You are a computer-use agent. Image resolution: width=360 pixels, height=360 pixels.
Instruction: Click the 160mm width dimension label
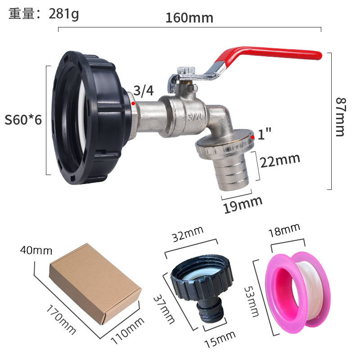[x=189, y=18]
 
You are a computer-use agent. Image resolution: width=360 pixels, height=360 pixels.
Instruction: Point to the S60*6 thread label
[x=23, y=120]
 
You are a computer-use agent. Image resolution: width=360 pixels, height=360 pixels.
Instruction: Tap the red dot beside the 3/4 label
[x=133, y=103]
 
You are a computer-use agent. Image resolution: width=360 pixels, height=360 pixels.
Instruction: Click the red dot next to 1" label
[x=253, y=137]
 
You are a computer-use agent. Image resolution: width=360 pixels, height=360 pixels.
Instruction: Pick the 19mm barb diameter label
[x=243, y=205]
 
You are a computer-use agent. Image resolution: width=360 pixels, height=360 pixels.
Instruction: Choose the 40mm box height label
[x=36, y=250]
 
